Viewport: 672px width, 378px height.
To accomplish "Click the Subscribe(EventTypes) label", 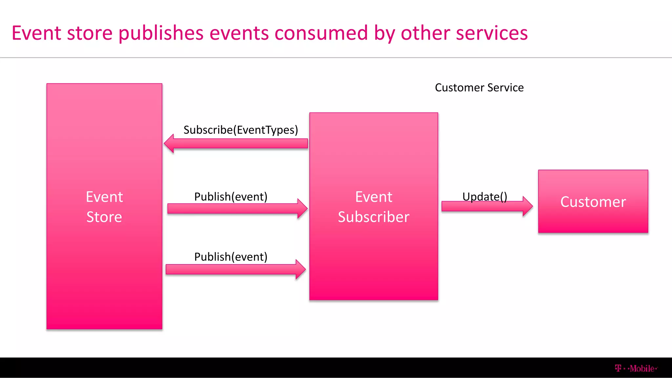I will [241, 130].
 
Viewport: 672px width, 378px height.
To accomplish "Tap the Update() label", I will [485, 197].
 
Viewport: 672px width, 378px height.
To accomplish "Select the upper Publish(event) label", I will [231, 197].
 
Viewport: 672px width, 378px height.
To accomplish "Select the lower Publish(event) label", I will [231, 257].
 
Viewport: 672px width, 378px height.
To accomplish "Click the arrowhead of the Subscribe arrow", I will [169, 143].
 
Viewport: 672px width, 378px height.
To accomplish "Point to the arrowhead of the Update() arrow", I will [527, 206].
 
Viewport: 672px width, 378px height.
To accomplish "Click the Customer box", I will [593, 201].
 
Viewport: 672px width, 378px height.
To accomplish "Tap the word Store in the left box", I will [104, 217].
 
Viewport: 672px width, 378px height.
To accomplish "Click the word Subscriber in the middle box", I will [373, 217].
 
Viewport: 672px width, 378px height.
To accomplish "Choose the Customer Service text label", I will [479, 88].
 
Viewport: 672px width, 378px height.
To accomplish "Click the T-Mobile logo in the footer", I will [636, 368].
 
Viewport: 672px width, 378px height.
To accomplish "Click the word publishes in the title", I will [161, 33].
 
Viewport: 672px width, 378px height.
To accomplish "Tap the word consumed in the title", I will [321, 33].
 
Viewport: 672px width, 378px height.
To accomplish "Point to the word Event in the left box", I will [104, 197].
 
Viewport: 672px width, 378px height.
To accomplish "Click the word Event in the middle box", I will [373, 197].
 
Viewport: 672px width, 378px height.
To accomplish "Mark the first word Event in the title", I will [36, 33].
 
